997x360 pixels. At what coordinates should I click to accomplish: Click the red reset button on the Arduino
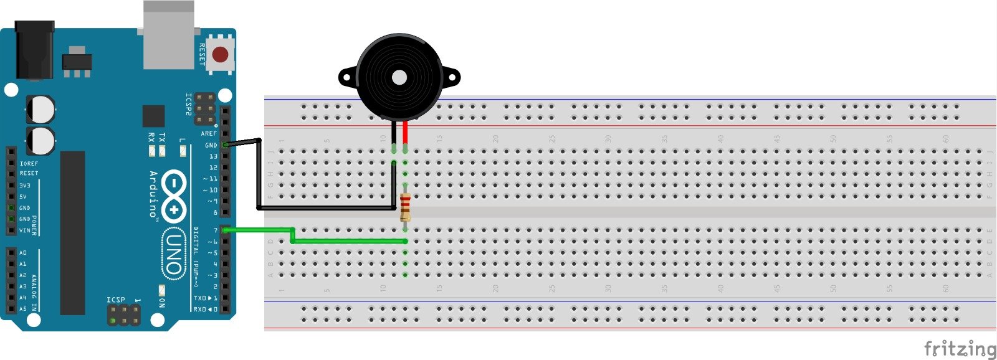coord(220,54)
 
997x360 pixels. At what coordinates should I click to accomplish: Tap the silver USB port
coord(168,34)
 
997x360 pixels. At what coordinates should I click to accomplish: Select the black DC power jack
coord(34,50)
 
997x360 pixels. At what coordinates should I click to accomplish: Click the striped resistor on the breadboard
coord(406,206)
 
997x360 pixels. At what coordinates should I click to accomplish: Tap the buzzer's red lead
coord(406,132)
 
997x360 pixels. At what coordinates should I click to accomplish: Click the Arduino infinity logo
coord(175,196)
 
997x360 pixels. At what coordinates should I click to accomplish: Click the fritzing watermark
coord(959,349)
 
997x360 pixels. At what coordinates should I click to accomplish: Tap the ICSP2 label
coord(189,105)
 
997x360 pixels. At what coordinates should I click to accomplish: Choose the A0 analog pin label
coord(23,253)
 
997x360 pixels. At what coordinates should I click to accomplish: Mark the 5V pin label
coord(23,197)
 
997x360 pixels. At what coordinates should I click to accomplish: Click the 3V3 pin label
coord(24,186)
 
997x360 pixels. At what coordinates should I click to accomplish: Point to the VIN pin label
coord(24,230)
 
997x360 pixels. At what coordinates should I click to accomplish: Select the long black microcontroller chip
coord(72,232)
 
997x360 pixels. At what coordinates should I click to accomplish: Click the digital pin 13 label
coord(213,156)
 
